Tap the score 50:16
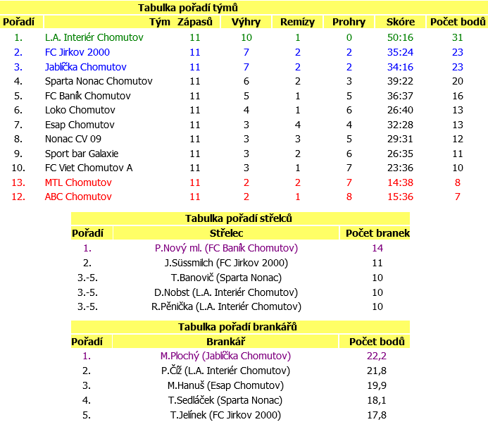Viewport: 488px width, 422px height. coord(400,37)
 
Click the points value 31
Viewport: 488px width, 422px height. coord(457,37)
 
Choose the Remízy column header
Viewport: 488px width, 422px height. coord(297,22)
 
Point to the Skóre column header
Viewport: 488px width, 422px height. coord(400,22)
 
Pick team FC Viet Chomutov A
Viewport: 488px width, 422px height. coord(89,168)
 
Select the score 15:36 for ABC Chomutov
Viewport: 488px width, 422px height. coord(400,197)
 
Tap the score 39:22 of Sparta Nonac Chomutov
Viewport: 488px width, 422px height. coord(400,81)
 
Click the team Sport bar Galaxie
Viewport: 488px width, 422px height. coord(82,154)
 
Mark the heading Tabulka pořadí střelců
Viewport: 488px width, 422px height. coord(239,218)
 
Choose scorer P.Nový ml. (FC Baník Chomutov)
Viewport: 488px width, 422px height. coord(226,248)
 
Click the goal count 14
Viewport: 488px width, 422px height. coord(377,248)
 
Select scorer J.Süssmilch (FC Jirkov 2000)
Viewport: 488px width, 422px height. coord(226,263)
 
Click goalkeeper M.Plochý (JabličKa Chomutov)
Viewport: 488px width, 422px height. coord(225,356)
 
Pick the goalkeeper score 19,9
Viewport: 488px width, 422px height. coord(377,385)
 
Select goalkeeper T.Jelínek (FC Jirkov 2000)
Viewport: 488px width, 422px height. coord(225,415)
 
